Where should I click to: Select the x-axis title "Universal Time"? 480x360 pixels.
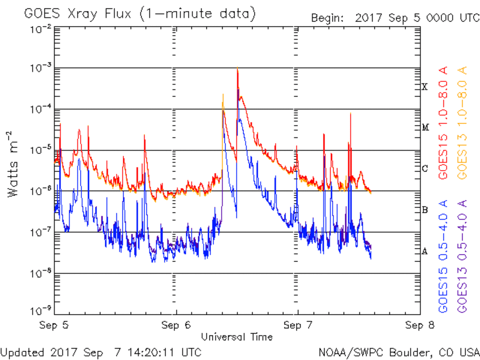[x=237, y=337]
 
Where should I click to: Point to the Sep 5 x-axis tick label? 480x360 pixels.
[x=54, y=325]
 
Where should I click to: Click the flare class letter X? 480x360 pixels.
[x=425, y=87]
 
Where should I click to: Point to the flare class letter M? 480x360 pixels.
[x=425, y=128]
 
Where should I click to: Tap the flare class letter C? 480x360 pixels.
[x=425, y=168]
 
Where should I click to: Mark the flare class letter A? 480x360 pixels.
[x=425, y=251]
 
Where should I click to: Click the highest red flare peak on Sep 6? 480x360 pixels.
[x=238, y=69]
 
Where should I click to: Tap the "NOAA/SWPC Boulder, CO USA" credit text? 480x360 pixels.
[x=399, y=352]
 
